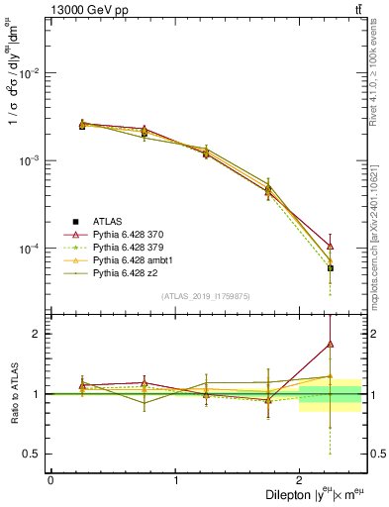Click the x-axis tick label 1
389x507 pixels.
pos(176,480)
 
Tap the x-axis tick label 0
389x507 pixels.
pos(50,480)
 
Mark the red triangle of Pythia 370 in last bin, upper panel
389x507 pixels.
pos(331,246)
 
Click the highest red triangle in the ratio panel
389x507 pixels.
pos(331,345)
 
